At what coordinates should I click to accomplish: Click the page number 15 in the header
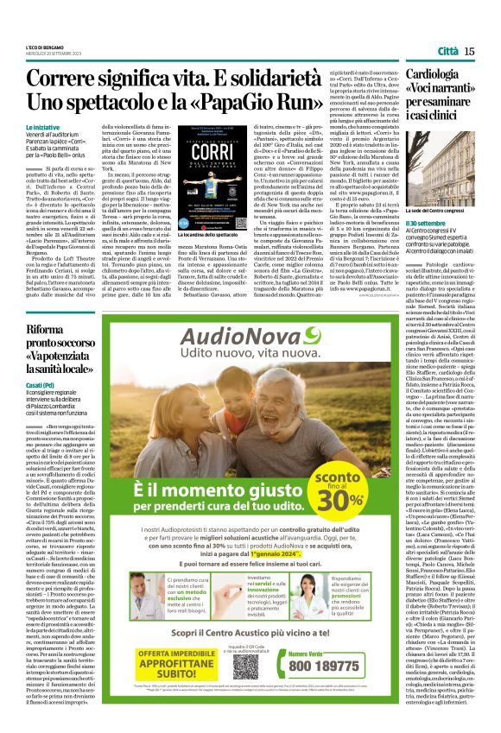coord(468,52)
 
